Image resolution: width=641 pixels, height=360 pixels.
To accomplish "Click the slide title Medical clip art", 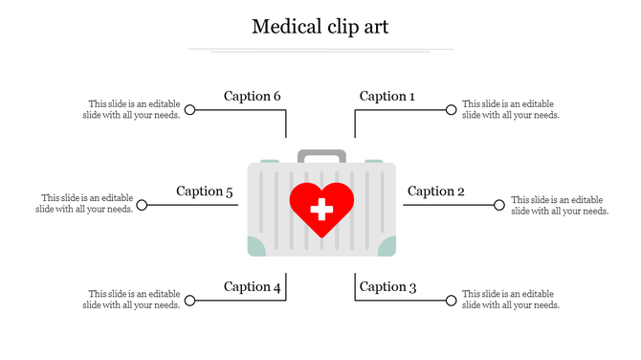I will coord(320,26).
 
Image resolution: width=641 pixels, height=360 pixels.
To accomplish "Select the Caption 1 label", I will coord(387,96).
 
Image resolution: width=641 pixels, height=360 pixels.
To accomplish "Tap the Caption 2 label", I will coord(435,191).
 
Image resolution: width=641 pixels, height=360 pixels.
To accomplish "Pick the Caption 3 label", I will coord(387,286).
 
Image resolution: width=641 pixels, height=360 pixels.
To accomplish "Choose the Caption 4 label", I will coord(253,286).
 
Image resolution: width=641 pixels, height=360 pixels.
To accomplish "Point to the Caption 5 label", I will coord(205,191).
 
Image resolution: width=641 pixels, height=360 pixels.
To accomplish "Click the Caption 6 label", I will coord(253,96).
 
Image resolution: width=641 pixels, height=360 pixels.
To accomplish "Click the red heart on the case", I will coord(321,204).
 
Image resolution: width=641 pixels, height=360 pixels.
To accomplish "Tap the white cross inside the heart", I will coord(321,207).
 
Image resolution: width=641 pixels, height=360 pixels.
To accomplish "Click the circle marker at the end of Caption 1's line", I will coord(451,110).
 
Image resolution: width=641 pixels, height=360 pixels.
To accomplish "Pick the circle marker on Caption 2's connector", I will coord(498,205).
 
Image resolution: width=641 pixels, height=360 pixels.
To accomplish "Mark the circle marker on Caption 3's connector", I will coord(451,301).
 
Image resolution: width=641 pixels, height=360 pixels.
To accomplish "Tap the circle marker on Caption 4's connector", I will coord(189,301).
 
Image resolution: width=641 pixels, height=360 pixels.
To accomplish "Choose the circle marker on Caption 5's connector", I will coord(142,205).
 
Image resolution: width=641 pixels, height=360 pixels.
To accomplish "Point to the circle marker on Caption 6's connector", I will coord(189,110).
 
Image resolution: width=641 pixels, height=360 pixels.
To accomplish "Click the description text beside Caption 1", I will coord(510,110).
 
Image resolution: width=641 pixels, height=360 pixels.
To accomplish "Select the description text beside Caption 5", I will coord(85,204).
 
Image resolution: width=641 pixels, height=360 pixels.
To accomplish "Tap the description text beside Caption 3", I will coord(510,300).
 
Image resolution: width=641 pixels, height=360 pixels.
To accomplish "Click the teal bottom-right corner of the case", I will coord(387,248).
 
